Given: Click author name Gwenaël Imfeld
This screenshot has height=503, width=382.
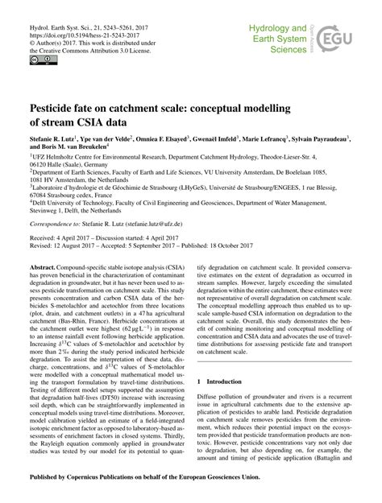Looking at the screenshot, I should click(213, 139).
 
